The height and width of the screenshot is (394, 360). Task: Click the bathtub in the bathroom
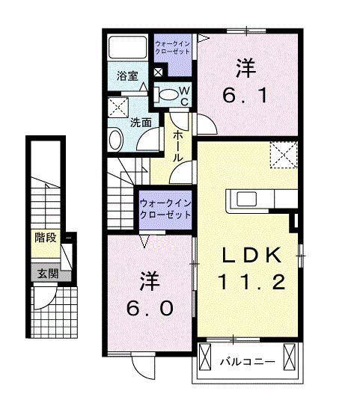click(127, 47)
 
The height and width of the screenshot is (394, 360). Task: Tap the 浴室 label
click(127, 76)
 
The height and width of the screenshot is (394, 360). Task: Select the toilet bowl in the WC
click(167, 95)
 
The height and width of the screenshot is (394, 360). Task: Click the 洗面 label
click(141, 123)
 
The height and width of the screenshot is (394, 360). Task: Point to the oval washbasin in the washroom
click(116, 139)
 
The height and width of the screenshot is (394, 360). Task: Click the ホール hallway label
click(178, 146)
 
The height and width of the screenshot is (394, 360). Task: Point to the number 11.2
click(251, 281)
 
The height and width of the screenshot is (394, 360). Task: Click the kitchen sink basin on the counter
click(246, 199)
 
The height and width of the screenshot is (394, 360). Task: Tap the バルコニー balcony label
click(247, 362)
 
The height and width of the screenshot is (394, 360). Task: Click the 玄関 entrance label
click(48, 274)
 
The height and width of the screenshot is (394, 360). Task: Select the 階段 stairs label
click(46, 238)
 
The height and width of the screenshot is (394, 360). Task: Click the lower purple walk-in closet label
click(165, 209)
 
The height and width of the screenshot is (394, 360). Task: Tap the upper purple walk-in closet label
click(172, 48)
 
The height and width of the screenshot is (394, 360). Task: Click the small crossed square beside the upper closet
click(158, 72)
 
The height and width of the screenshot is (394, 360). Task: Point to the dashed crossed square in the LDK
click(284, 155)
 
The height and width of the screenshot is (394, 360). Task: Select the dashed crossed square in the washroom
click(118, 108)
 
